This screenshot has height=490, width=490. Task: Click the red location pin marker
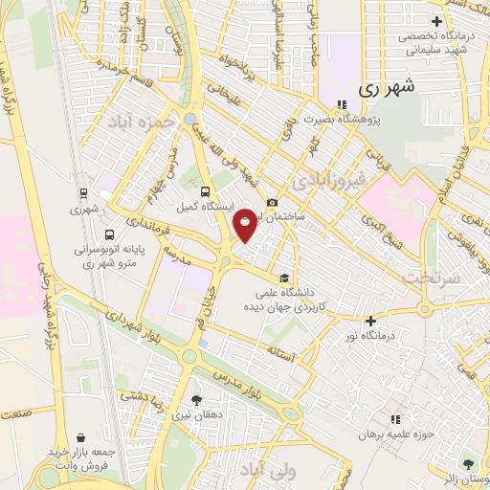[246, 224]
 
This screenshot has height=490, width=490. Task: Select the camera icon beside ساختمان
[273, 203]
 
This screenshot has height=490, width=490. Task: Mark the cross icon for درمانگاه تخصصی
[436, 20]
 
